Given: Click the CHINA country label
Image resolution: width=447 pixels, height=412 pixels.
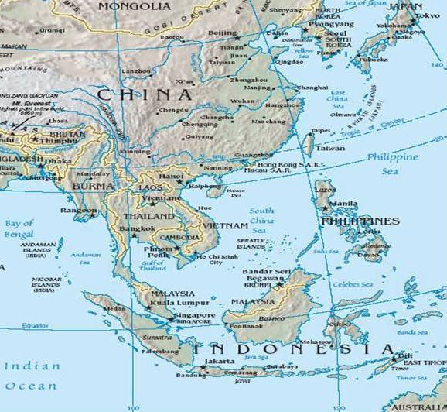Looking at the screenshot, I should click(x=144, y=95).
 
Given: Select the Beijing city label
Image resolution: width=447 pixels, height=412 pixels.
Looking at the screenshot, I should click(x=223, y=33).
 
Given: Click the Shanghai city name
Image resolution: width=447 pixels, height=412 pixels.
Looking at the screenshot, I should click(x=312, y=88).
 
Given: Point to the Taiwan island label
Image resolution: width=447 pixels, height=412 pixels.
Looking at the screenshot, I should click(x=331, y=147).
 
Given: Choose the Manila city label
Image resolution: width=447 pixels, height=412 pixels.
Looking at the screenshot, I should click(x=343, y=204).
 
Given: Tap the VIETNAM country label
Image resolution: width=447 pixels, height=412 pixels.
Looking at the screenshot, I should click(x=224, y=225).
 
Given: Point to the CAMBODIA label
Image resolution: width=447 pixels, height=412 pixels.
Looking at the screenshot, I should click(x=179, y=237).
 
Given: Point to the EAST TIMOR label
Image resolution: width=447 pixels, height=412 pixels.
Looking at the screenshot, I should click(x=425, y=362).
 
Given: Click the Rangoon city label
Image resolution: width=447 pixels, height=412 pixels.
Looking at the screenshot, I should click(x=80, y=210).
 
